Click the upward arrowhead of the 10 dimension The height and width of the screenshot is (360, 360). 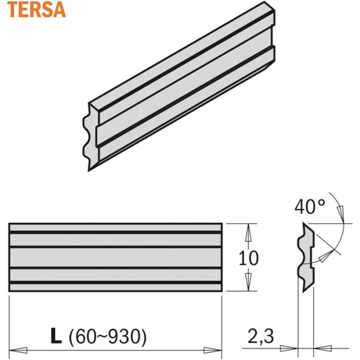249,230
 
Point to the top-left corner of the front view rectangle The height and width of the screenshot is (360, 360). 9,224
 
